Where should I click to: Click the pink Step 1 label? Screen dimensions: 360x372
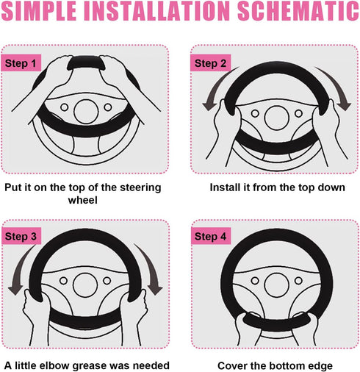tap(21, 63)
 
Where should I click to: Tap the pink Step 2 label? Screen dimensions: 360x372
tap(210, 63)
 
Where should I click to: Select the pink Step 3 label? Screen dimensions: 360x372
tap(21, 236)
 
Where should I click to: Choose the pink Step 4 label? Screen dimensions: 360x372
tap(211, 236)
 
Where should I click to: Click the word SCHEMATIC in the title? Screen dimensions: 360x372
tap(298, 11)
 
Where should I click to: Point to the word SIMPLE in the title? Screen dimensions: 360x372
tap(39, 11)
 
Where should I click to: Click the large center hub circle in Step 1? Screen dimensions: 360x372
tap(86, 112)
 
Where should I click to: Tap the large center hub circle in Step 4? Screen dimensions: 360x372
tap(277, 285)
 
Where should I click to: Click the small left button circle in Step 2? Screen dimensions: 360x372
tap(255, 113)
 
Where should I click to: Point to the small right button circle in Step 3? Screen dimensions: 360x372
tap(107, 281)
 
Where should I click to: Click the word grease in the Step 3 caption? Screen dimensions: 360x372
tap(90, 366)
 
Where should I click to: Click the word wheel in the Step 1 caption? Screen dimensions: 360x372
tap(83, 200)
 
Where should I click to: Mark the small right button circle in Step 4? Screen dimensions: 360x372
tap(298, 281)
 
